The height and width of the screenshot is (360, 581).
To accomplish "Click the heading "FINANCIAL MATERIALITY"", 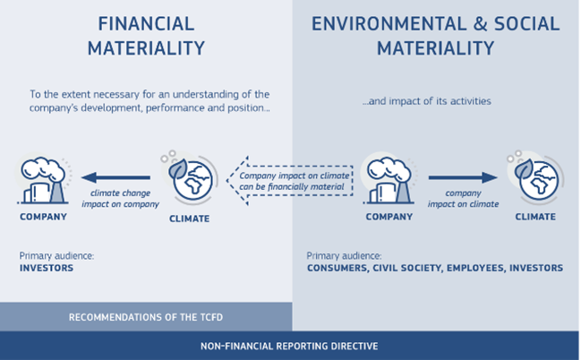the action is coord(146,36).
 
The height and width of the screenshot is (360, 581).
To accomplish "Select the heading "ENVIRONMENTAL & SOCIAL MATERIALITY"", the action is coord(435,36).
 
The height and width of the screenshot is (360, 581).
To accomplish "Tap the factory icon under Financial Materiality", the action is coord(43,181).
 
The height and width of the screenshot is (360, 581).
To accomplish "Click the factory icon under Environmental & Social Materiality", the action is coord(389,181).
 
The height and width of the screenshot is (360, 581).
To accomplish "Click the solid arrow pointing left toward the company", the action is coord(116,177).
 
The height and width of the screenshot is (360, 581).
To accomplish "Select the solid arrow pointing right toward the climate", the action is coord(463,177).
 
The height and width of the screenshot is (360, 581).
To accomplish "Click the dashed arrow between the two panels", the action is coord(290,181).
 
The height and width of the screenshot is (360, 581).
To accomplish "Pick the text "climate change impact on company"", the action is coord(121,199).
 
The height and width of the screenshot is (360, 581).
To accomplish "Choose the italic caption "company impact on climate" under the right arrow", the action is coord(463,199).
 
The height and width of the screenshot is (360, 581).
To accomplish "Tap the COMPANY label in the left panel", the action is coord(43,217).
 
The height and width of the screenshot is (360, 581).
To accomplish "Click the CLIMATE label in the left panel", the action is coord(190,219).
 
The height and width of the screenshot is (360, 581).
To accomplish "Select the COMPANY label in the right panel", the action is coord(389,217).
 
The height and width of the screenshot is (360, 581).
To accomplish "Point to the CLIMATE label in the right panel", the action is coord(535,217).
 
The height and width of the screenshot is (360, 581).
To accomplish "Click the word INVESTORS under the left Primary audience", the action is coord(47,268).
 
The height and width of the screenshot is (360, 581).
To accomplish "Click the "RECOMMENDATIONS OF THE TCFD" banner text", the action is coord(146,317).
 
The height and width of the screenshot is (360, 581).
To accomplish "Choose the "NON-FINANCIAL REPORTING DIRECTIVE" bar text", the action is coord(289,347).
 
